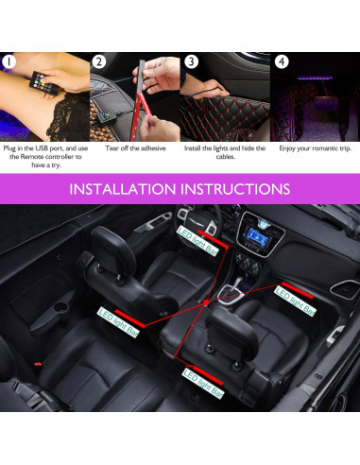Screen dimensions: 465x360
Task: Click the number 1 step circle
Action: pos(10,61)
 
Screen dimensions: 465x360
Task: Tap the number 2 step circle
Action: pos(100,61)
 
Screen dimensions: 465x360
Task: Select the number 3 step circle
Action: pos(191,61)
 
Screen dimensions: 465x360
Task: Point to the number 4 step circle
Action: pos(281,61)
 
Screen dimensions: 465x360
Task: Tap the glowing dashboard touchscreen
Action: pos(256,253)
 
